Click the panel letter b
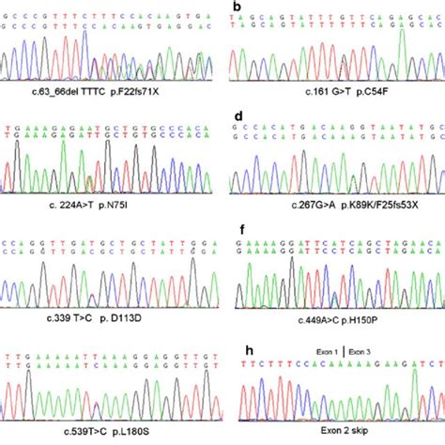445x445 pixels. point(238,8)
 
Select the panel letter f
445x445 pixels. point(238,227)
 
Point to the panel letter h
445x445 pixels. point(238,338)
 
